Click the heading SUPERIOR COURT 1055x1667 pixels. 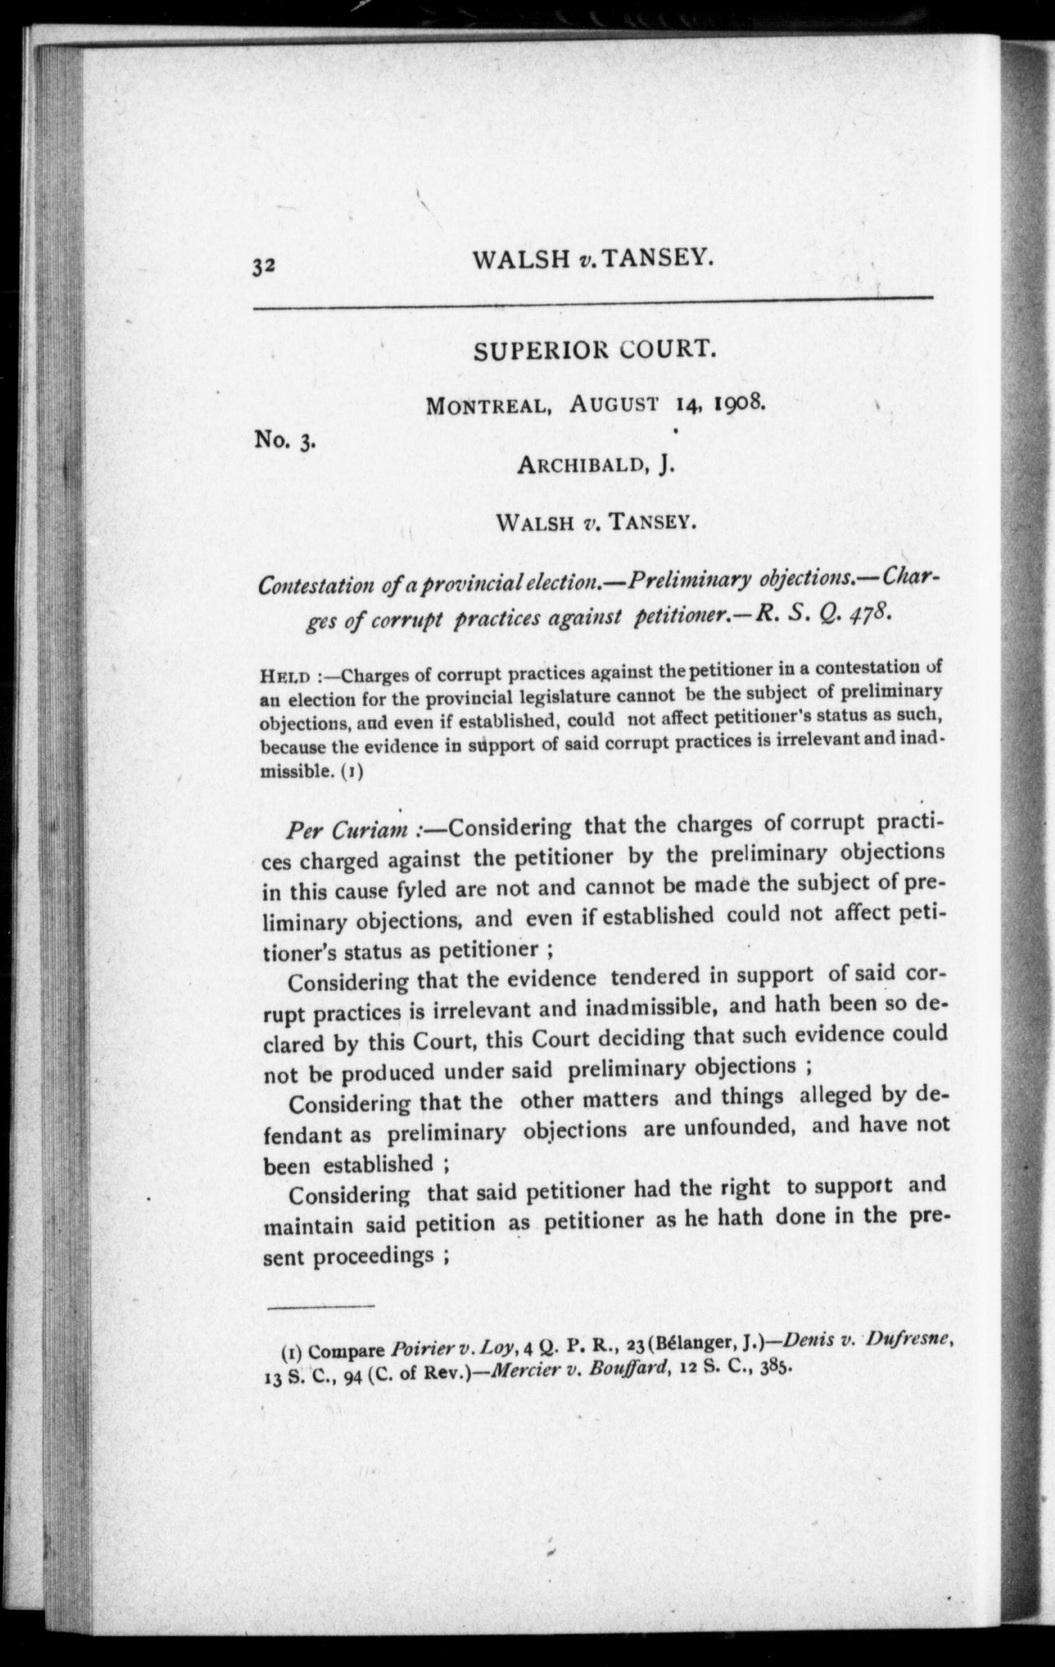[x=593, y=351]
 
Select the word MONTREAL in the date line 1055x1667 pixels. [x=488, y=406]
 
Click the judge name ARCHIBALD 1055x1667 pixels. [x=582, y=465]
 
